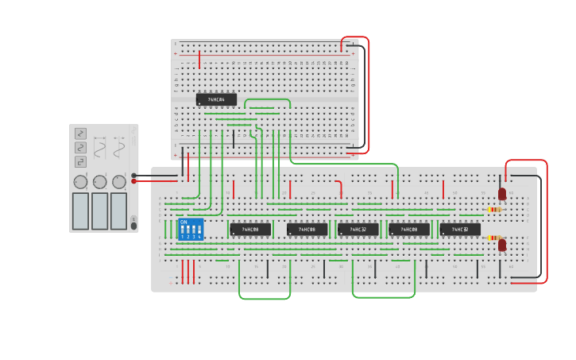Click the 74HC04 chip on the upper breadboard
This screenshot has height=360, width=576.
point(216,99)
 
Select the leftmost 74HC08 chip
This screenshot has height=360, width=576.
point(250,230)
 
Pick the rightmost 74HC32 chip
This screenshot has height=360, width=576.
point(460,230)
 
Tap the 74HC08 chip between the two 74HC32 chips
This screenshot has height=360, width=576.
point(409,230)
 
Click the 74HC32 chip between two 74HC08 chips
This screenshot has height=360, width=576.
point(358,230)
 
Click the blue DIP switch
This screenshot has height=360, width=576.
point(191,230)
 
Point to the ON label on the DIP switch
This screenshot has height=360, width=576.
point(184,223)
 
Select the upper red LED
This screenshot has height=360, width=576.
point(502,193)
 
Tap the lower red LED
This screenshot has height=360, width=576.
point(502,245)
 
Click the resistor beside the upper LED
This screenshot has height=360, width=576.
point(494,210)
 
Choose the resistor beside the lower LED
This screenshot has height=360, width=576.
point(494,238)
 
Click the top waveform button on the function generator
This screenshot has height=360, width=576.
point(80,134)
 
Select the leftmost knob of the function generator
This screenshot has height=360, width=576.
point(80,182)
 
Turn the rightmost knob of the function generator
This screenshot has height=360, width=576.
point(119,182)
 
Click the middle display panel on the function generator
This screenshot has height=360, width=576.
point(99,211)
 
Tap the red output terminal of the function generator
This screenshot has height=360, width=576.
point(134,181)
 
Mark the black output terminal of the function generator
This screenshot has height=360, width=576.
point(134,175)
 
